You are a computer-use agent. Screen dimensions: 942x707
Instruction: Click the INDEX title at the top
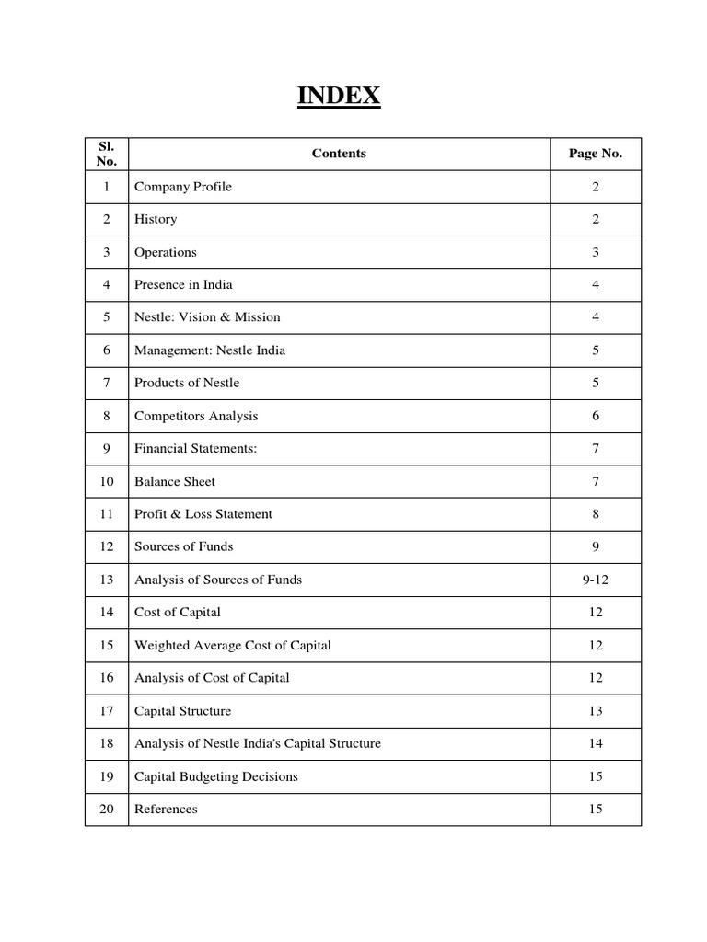[x=339, y=96]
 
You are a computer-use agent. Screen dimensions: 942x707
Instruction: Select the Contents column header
[x=339, y=154]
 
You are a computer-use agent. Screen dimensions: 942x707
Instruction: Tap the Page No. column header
[x=596, y=154]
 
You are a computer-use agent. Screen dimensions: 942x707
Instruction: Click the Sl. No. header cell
[x=107, y=154]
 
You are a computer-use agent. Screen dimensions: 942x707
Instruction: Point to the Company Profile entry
[x=183, y=187]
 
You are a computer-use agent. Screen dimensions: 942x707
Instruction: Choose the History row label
[x=156, y=219]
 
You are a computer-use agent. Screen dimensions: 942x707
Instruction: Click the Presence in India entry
[x=183, y=284]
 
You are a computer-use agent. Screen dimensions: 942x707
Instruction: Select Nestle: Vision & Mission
[x=207, y=317]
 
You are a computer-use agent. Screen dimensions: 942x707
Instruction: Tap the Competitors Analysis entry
[x=196, y=416]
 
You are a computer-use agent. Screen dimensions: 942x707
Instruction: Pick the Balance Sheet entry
[x=175, y=481]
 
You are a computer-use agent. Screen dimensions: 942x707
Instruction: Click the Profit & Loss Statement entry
[x=203, y=514]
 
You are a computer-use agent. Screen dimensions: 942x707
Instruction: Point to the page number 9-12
[x=596, y=580]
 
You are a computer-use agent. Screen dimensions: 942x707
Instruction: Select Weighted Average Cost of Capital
[x=233, y=645]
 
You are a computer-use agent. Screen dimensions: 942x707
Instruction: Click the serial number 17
[x=107, y=711]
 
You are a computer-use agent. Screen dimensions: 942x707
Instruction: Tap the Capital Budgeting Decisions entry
[x=216, y=776]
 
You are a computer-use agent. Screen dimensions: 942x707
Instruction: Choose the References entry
[x=166, y=810]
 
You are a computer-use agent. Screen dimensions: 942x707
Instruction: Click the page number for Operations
[x=596, y=252]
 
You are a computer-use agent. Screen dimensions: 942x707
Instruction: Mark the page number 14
[x=596, y=743]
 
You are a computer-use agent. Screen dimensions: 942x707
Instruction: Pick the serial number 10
[x=107, y=481]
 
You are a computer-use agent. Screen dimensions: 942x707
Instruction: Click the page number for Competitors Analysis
[x=596, y=416]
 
